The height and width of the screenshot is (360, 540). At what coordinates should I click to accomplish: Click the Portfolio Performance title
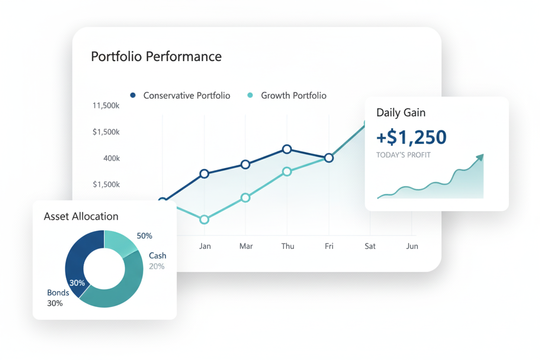[156, 57]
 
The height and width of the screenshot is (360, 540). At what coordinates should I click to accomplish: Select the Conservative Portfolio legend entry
[186, 96]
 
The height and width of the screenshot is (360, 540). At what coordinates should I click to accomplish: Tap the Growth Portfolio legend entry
[293, 96]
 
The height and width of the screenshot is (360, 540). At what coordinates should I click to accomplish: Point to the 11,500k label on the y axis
[106, 106]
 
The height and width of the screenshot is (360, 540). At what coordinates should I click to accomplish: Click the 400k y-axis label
[111, 158]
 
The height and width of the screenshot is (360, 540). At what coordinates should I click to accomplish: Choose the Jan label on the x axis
[205, 246]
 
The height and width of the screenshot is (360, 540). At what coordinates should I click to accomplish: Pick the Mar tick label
[246, 246]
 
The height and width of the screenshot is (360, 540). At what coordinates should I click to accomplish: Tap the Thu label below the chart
[287, 246]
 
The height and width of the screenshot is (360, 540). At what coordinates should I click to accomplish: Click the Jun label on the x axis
[412, 246]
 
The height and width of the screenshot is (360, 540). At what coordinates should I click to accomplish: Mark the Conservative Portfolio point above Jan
[204, 174]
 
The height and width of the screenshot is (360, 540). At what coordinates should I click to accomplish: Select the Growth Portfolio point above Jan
[204, 220]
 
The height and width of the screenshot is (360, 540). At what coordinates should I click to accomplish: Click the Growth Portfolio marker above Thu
[287, 172]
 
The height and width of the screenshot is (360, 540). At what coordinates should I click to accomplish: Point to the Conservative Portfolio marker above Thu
[287, 149]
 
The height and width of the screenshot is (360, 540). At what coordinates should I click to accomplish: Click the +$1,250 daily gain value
[411, 137]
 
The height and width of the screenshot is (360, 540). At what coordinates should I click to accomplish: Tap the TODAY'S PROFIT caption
[403, 155]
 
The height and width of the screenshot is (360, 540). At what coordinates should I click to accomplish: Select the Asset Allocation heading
[81, 216]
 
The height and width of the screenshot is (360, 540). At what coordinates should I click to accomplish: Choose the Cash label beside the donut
[157, 256]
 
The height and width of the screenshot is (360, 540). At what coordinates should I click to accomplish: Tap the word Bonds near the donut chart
[58, 293]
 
